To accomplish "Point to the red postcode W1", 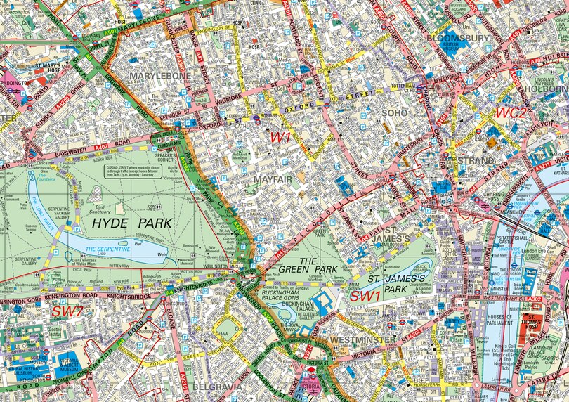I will click(x=280, y=138).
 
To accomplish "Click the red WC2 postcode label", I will click(x=511, y=112).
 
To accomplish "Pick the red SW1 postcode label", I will click(x=365, y=296).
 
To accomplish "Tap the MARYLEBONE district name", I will click(x=159, y=75).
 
